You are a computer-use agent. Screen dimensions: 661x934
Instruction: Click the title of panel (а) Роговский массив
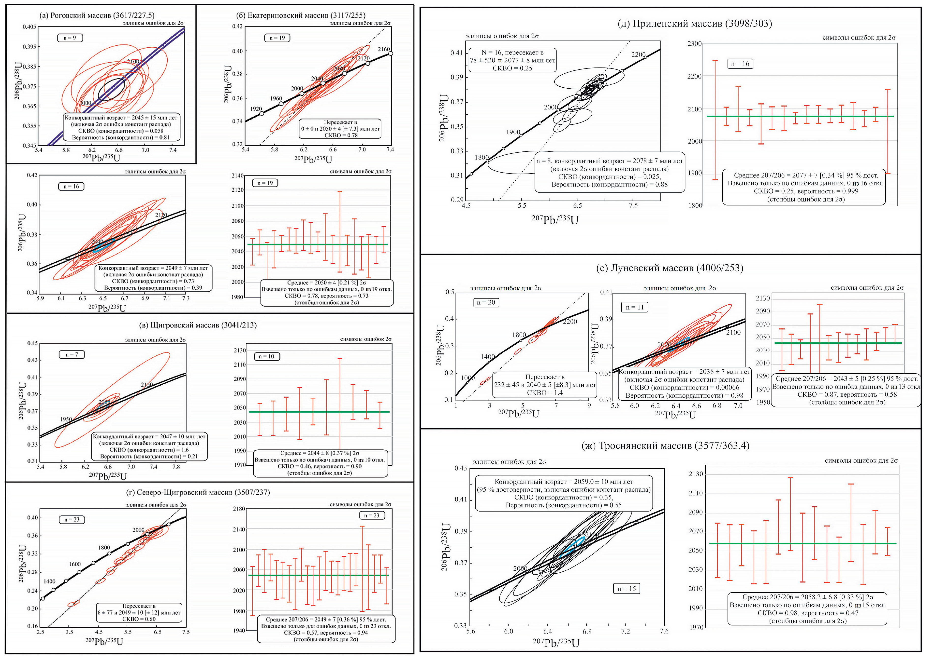pyautogui.click(x=97, y=15)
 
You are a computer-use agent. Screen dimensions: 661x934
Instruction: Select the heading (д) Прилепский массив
pyautogui.click(x=695, y=24)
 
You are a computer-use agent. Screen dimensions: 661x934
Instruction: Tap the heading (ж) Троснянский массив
pyautogui.click(x=665, y=445)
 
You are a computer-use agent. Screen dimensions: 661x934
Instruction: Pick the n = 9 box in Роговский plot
pyautogui.click(x=70, y=38)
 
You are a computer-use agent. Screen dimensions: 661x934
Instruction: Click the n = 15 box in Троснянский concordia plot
pyautogui.click(x=626, y=589)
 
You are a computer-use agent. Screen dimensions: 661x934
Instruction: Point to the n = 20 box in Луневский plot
pyautogui.click(x=486, y=302)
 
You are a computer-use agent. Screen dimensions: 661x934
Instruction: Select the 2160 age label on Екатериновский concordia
pyautogui.click(x=383, y=49)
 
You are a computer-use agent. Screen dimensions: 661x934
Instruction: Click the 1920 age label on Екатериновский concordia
pyautogui.click(x=256, y=109)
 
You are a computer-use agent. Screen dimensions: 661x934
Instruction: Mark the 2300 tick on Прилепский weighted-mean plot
pyautogui.click(x=695, y=44)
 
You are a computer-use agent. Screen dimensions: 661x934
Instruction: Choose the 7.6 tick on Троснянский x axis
pyautogui.click(x=664, y=631)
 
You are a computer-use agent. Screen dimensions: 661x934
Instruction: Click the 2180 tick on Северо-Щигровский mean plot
pyautogui.click(x=239, y=509)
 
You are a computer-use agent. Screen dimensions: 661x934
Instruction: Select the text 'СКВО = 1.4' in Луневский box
pyautogui.click(x=545, y=393)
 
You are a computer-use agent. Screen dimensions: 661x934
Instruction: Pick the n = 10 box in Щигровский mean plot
pyautogui.click(x=266, y=357)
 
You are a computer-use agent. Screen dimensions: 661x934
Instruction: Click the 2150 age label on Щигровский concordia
pyautogui.click(x=147, y=385)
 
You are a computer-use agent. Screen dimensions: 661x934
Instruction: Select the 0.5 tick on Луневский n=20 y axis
pyautogui.click(x=450, y=292)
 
